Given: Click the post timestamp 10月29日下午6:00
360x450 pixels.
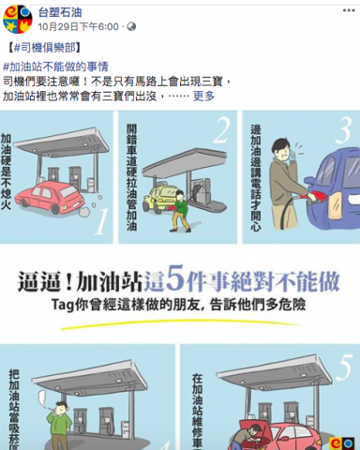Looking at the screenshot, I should (x=79, y=27).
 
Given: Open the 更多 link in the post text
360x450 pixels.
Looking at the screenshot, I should (x=204, y=96).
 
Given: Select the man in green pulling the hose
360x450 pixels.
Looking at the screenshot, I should (x=177, y=209).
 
